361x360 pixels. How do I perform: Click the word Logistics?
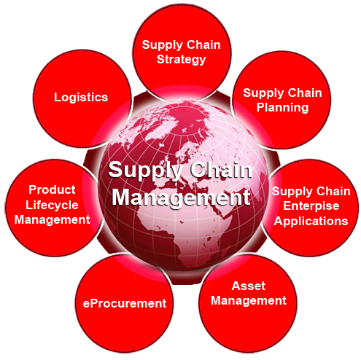[x=81, y=98]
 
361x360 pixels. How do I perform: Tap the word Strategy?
[x=182, y=60]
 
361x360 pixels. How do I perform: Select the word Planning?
[x=282, y=108]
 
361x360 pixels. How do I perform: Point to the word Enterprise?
[x=311, y=206]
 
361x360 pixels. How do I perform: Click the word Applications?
[x=311, y=222]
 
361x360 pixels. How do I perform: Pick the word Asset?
[x=249, y=286]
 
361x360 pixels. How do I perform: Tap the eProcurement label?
[x=125, y=304]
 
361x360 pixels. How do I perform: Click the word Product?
[x=52, y=189]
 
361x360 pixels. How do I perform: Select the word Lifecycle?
[x=52, y=206]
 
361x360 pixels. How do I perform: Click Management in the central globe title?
[x=181, y=197]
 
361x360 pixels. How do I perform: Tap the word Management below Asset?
[x=249, y=301]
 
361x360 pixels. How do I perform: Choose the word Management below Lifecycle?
[x=52, y=220]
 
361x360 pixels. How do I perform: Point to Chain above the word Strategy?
[x=203, y=45]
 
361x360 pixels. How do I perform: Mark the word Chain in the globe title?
[x=221, y=170]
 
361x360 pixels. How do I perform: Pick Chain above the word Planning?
[x=305, y=93]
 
